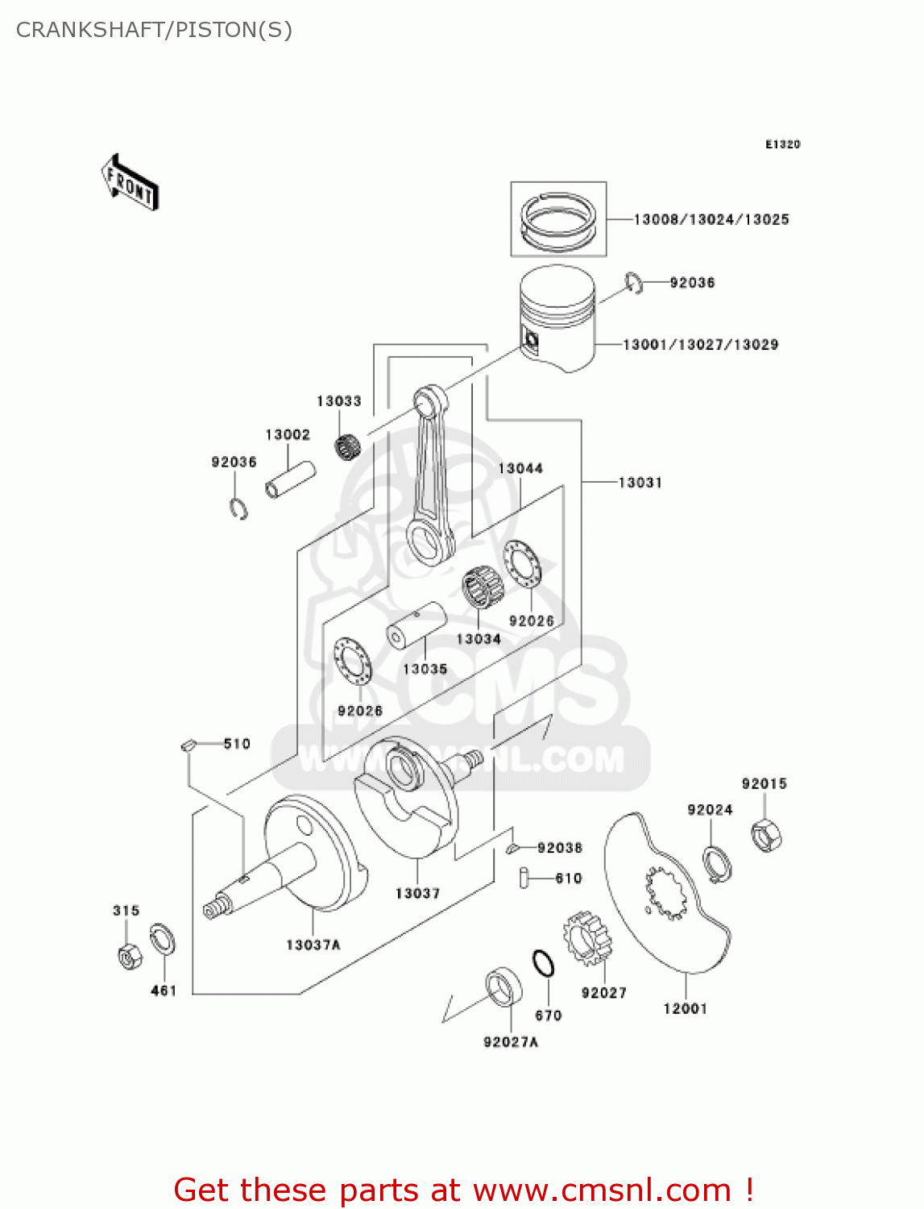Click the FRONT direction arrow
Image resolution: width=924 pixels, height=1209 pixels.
pos(130,182)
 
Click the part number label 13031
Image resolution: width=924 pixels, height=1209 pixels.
pos(640,482)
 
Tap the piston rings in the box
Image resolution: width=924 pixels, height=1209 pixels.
pos(558,219)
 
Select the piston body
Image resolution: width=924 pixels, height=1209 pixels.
pos(557,322)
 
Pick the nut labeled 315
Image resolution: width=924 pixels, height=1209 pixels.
pos(128,955)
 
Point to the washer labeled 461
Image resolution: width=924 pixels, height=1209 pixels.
pos(164,941)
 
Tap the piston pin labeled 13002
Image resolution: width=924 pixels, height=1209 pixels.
pos(290,479)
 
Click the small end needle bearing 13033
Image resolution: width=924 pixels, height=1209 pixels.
pos(347,446)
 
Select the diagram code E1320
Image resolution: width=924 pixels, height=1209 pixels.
pos(782,144)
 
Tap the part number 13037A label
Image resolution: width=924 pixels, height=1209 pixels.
pos(313,945)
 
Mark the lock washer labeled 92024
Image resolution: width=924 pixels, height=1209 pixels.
pos(717,863)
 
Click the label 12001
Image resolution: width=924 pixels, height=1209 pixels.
pos(685,1008)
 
